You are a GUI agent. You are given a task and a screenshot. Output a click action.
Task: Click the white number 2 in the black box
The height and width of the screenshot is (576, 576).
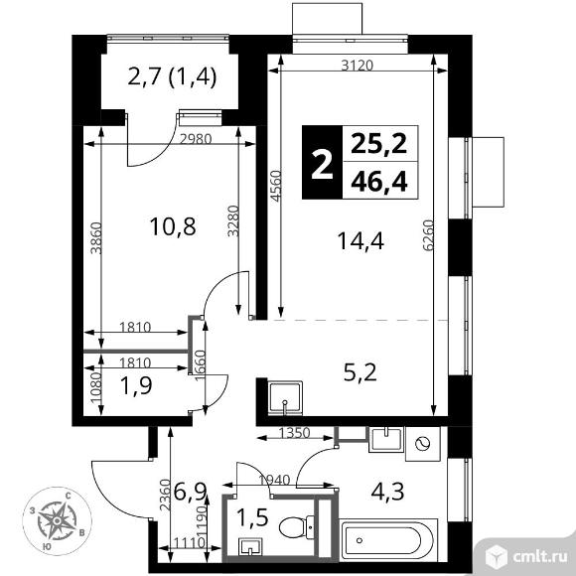click(x=320, y=163)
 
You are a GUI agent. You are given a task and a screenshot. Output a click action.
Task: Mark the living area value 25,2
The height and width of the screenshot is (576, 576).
click(x=379, y=144)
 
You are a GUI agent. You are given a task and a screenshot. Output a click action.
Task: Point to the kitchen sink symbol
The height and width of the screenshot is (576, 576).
click(x=286, y=398)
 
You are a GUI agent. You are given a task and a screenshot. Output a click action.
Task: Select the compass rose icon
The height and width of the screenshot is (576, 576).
click(x=59, y=518)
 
